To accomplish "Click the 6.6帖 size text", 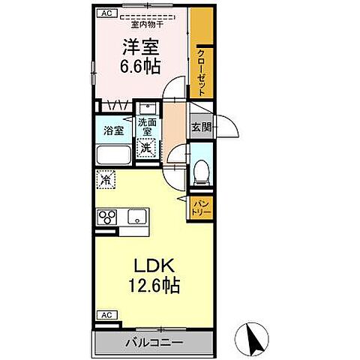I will pos(139,66).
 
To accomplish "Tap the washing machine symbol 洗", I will pos(148,147).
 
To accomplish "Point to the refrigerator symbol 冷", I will pos(106,179).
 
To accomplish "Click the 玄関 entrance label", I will pos(199,127).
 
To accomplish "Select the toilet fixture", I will pos(200,171).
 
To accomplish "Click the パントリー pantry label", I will pos(201,207).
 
